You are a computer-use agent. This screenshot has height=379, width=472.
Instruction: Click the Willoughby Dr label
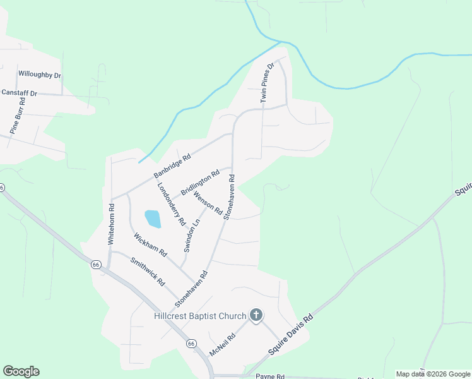40,75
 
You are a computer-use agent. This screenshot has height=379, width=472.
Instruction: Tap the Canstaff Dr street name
20,93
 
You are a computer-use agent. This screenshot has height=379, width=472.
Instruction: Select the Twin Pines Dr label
268,83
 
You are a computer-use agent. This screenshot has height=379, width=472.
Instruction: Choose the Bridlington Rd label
199,182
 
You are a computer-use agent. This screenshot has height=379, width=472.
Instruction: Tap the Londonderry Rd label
171,204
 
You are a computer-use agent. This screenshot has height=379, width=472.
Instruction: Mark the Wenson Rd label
208,202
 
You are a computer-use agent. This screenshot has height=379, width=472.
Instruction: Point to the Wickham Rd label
150,244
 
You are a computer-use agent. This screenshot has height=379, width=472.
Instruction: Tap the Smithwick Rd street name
147,271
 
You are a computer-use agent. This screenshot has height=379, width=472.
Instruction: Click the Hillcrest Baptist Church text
200,316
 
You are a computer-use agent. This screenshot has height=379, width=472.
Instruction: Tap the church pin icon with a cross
256,315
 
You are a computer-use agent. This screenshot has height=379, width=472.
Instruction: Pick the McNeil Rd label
222,345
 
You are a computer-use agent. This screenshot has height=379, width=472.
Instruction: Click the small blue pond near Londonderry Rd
153,219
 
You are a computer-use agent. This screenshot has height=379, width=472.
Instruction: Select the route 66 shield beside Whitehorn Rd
95,264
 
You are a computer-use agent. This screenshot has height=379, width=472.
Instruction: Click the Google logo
21,371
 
